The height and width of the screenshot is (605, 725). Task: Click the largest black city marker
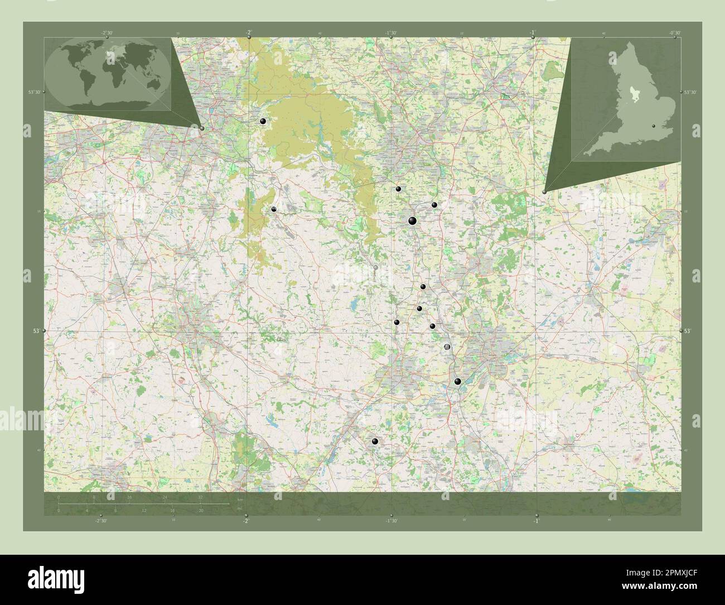tap(412, 220)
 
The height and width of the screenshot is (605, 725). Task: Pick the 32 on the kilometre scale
tap(200, 496)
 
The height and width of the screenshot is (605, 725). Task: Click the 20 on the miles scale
tap(200, 511)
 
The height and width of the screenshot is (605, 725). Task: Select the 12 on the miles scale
tap(144, 511)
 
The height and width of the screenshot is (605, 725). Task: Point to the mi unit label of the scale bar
tap(240, 508)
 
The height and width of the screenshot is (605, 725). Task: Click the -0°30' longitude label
tap(675, 33)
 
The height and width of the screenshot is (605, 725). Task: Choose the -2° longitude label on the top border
tap(248, 32)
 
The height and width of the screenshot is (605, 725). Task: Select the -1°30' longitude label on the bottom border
tap(391, 521)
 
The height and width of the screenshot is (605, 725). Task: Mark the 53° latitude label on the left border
tap(36, 332)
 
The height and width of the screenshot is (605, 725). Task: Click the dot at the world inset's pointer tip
tap(202, 128)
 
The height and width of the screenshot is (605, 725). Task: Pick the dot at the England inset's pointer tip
tap(544, 191)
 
